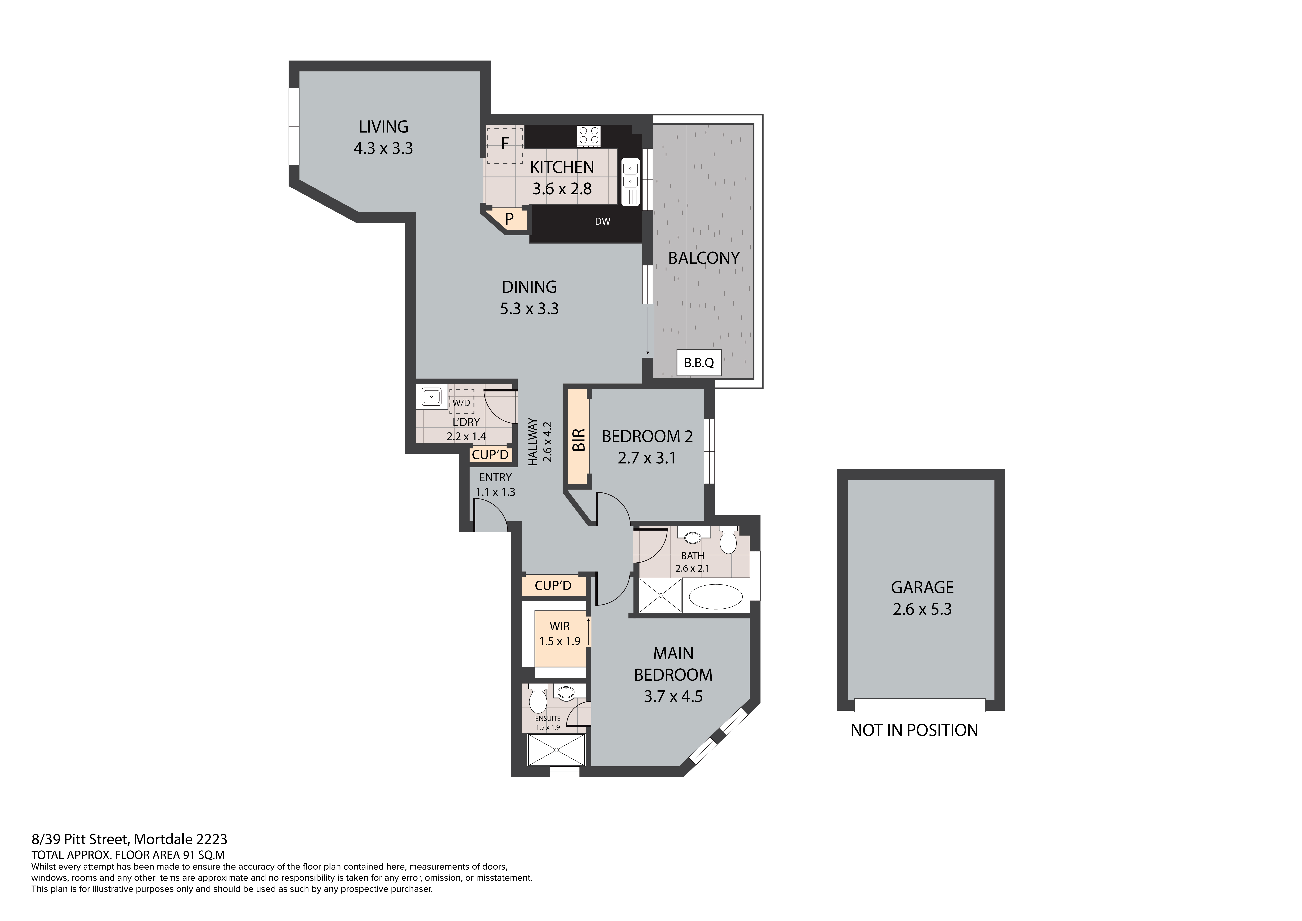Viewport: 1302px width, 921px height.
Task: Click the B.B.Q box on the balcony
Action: (x=699, y=362)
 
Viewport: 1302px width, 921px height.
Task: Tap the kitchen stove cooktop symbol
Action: (x=589, y=136)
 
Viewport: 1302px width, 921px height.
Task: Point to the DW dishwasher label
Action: (x=602, y=222)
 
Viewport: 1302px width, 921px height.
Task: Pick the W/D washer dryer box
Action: (x=462, y=402)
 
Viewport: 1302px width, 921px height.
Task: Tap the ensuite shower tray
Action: (x=556, y=750)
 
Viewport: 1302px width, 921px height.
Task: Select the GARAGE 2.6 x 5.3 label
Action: (x=922, y=598)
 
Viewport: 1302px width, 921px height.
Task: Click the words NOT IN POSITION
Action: (x=914, y=730)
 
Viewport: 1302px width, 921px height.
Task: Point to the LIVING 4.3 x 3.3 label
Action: (x=383, y=137)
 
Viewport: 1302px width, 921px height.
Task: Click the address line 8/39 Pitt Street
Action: (x=129, y=839)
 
